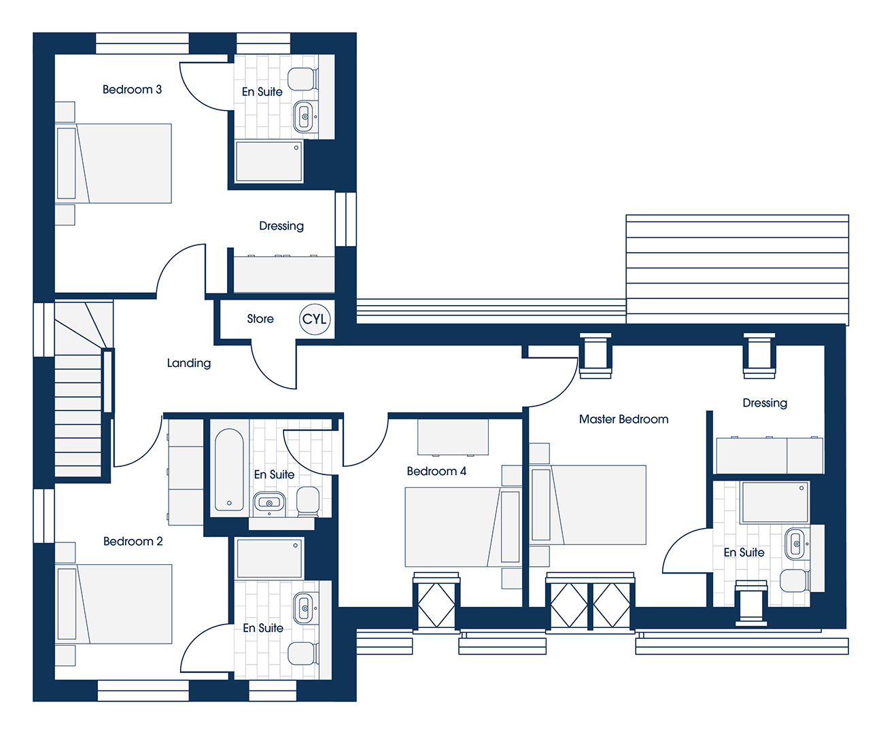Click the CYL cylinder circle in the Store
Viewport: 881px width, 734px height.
coord(314,319)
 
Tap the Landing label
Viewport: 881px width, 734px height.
coord(188,363)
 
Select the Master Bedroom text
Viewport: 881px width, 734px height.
coord(623,419)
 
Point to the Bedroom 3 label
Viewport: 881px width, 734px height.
coord(132,90)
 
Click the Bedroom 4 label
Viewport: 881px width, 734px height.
coord(436,471)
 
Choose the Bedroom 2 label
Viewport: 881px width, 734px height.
coord(133,541)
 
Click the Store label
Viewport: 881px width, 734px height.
coord(260,319)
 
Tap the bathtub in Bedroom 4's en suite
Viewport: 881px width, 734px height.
coord(229,470)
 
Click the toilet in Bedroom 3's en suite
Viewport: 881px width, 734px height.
coord(303,79)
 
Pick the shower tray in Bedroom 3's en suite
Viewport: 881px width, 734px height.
coord(269,162)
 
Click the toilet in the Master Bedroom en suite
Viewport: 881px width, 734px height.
coord(795,580)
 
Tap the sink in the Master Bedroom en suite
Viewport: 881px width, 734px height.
coord(797,544)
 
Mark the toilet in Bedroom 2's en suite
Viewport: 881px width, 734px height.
coord(303,653)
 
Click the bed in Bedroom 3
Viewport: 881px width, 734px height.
coord(113,163)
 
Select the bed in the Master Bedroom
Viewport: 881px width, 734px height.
coord(588,505)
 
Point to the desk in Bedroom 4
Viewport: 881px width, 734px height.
coord(453,437)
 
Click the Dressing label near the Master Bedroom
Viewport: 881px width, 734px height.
coord(765,403)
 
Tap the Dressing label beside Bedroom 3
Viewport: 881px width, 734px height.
coord(281,226)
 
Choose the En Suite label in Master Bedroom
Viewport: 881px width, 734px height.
coord(744,553)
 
